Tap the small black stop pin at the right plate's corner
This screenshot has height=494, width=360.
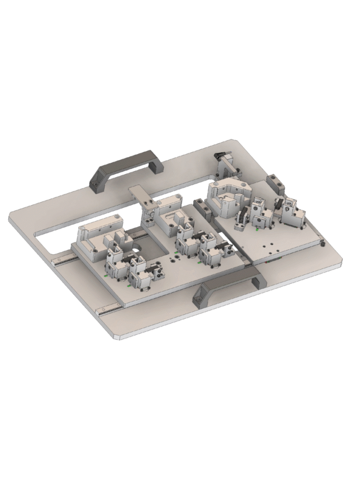(323, 244)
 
